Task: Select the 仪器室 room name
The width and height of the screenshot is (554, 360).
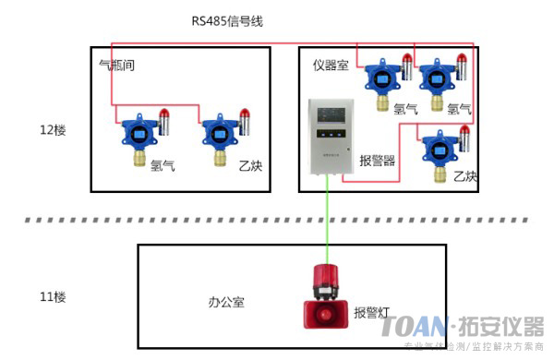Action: pyautogui.click(x=330, y=65)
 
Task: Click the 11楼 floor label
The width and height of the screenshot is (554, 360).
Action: pyautogui.click(x=54, y=297)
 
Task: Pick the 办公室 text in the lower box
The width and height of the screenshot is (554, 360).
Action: pyautogui.click(x=226, y=302)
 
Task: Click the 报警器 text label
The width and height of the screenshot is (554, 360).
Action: pyautogui.click(x=377, y=159)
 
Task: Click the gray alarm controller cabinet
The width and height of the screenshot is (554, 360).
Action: pyautogui.click(x=329, y=137)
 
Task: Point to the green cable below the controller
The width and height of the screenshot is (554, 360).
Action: pyautogui.click(x=327, y=222)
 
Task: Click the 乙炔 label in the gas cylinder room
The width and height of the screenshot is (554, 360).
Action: pyautogui.click(x=251, y=166)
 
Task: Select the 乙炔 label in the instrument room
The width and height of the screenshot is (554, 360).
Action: pyautogui.click(x=465, y=175)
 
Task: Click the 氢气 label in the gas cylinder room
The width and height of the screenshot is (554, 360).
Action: pyautogui.click(x=163, y=166)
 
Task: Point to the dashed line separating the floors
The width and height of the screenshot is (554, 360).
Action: pyautogui.click(x=277, y=221)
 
